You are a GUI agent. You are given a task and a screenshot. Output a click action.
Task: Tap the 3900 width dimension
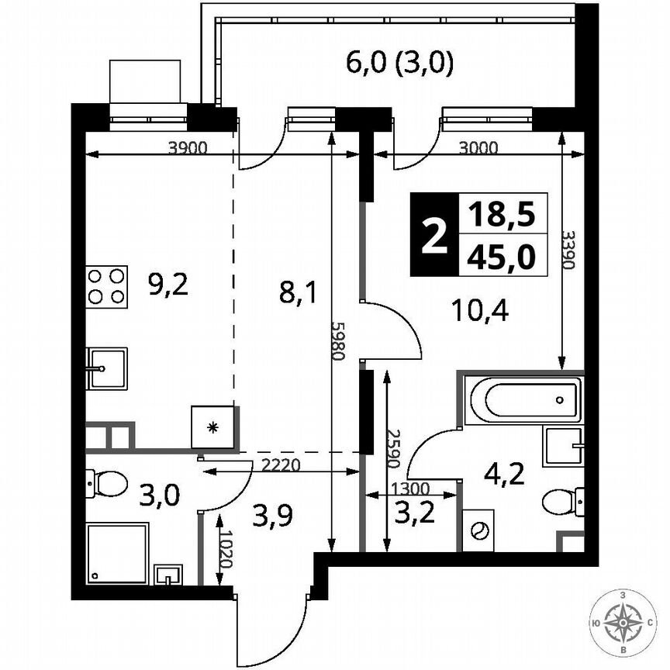(x=188, y=149)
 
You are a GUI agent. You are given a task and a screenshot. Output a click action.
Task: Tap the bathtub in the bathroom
(x=533, y=399)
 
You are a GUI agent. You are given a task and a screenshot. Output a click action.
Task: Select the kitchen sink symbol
(x=106, y=368)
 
